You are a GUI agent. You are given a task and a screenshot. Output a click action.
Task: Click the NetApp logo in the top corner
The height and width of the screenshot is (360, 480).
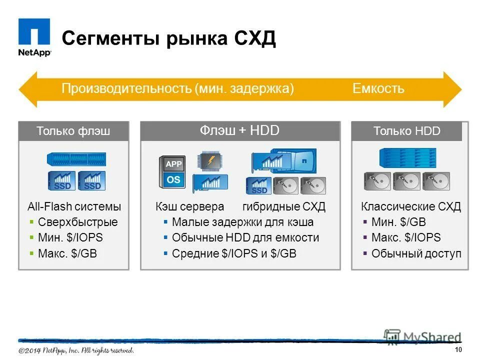pos(34,37)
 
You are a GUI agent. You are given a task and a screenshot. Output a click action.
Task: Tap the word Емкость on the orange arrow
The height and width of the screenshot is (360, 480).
pos(378,89)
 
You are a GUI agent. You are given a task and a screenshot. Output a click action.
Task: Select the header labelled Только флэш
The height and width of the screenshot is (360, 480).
pos(73,131)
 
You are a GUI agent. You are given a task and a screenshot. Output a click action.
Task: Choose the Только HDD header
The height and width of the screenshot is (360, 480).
pos(406,131)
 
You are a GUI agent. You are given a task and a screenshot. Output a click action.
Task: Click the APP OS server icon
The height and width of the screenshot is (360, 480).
pos(172,171)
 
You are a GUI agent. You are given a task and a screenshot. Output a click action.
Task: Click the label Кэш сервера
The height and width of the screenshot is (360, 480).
pos(189,207)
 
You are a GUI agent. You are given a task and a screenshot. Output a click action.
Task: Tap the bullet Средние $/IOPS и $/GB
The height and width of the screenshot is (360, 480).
pos(234,253)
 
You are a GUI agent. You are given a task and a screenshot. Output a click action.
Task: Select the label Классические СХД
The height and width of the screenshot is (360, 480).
pos(410,207)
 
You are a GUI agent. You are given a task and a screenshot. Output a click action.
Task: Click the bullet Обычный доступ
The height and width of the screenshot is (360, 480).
pos(416,253)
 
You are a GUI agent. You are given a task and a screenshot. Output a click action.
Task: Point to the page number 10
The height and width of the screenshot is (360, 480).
pos(458,349)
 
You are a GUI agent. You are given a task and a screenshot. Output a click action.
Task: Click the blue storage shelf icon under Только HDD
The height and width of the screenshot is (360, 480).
pos(407,157)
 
